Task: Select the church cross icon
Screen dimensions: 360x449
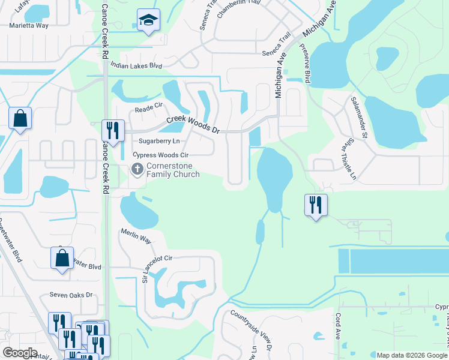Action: click(137, 169)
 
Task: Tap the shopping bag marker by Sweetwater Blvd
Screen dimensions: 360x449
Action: click(62, 259)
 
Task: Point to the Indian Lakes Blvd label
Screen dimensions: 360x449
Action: click(137, 65)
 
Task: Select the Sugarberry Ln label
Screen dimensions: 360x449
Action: click(159, 141)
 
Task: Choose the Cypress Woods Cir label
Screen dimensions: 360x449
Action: click(164, 155)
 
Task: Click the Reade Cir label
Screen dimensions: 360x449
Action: click(149, 107)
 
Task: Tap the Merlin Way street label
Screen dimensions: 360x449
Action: click(136, 239)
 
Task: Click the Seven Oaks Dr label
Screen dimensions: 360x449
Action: click(71, 295)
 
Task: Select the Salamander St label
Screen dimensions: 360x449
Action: click(359, 117)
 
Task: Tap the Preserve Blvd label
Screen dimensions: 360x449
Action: click(307, 68)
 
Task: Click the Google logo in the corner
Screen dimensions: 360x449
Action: click(20, 352)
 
